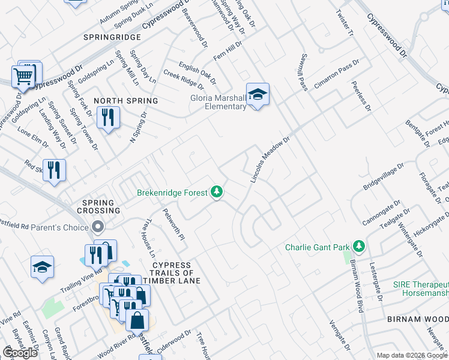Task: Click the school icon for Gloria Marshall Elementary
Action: click(258, 95)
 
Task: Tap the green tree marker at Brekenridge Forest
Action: click(216, 192)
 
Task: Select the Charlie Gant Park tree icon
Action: click(358, 247)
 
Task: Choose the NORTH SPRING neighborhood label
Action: click(125, 101)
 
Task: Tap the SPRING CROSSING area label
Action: click(98, 206)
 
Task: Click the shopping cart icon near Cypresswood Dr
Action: click(23, 76)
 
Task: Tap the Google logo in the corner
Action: click(20, 353)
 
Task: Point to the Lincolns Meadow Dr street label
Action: click(270, 159)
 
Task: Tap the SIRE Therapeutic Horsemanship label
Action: click(421, 288)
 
